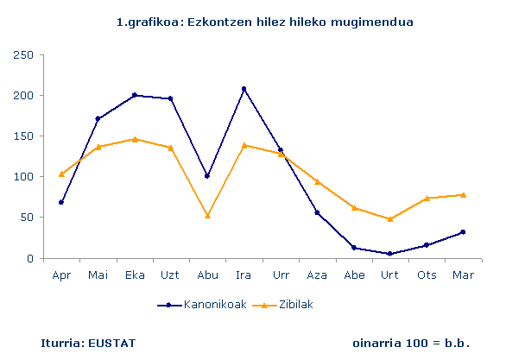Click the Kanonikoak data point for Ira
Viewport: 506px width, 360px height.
coord(244,89)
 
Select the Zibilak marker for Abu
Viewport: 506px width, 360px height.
coord(207,215)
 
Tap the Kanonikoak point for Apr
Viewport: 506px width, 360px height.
coord(60,202)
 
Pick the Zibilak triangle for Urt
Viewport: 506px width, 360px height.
coord(390,218)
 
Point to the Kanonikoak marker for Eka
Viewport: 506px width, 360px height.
coord(134,95)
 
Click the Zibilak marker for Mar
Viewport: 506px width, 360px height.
coord(464,194)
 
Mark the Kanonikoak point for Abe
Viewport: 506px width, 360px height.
coord(354,248)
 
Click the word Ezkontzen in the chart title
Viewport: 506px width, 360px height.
coord(208,20)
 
